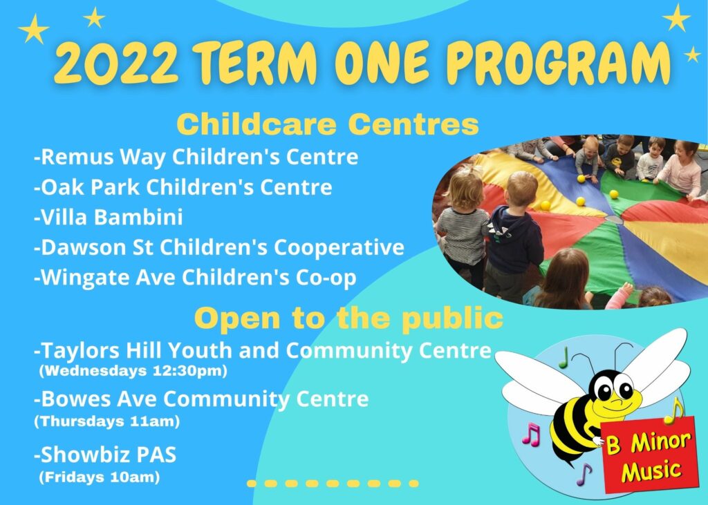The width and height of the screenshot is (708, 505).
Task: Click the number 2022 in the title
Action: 116,63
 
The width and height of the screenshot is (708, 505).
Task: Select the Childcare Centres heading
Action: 327,124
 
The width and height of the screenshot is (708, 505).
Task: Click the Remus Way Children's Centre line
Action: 196,157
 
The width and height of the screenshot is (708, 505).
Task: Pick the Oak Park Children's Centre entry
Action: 183,187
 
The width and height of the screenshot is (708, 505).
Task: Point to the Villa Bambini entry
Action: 109,217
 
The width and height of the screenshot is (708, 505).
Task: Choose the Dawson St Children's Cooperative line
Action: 219,247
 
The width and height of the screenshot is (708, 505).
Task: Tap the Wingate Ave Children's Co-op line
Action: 195,278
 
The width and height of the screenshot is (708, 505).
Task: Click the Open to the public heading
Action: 348,318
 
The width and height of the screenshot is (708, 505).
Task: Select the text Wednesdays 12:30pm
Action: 133,371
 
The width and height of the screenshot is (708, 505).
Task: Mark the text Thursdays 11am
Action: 107,421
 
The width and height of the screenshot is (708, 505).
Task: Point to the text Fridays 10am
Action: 100,477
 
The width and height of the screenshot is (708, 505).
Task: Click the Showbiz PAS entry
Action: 105,455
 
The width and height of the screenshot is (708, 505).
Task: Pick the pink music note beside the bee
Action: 531,434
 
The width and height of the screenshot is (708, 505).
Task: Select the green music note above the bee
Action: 563,358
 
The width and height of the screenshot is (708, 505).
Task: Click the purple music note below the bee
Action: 584,474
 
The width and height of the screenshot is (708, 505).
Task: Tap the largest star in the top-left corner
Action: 34,29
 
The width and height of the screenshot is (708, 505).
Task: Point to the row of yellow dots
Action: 333,484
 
